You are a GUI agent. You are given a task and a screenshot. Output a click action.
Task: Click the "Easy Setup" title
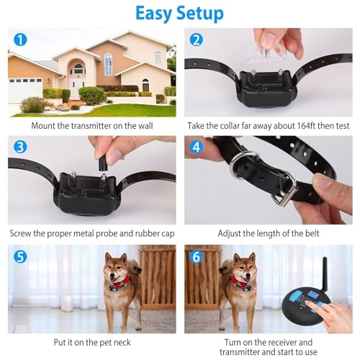click(x=180, y=14)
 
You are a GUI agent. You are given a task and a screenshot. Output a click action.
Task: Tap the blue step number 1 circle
click(x=20, y=40)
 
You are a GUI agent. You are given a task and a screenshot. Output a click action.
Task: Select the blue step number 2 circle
click(x=197, y=40)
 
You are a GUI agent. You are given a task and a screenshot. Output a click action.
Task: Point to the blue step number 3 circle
click(x=20, y=147)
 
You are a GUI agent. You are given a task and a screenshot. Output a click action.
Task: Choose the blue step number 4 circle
click(x=197, y=147)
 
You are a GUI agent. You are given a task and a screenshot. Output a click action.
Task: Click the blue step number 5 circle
click(x=20, y=256)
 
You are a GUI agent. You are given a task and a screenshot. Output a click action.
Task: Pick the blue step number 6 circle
click(x=197, y=256)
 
